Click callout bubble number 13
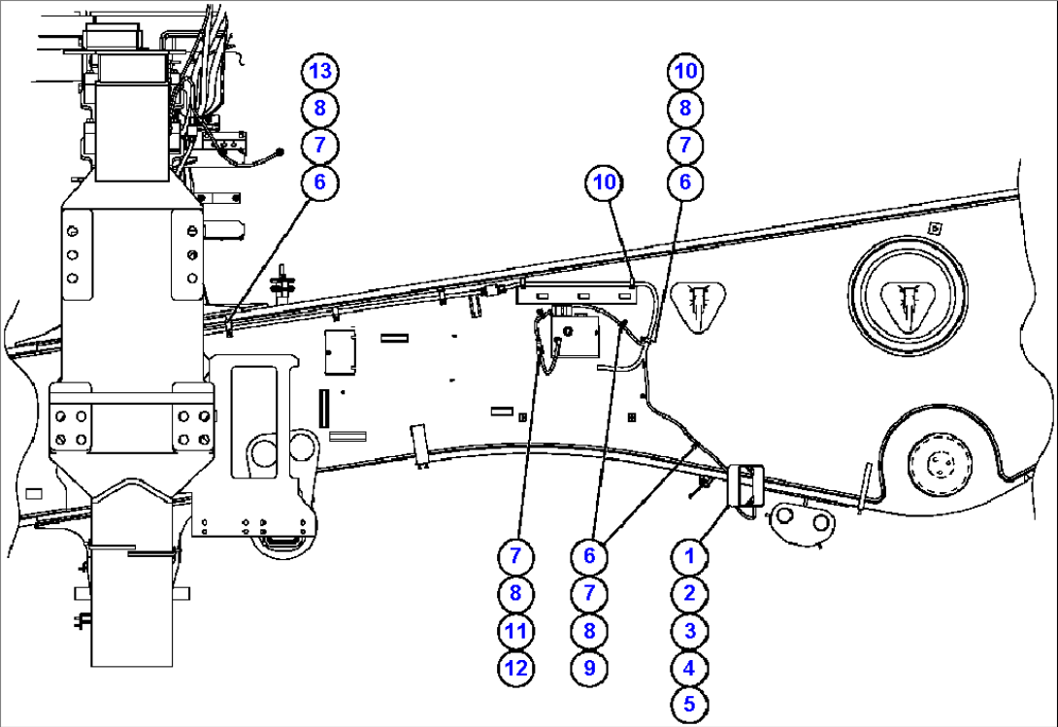click(x=320, y=71)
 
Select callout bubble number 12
click(x=515, y=668)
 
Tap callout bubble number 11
click(x=515, y=631)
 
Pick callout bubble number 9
click(x=590, y=668)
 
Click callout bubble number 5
click(x=689, y=705)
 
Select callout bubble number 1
click(x=689, y=556)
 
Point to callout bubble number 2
click(x=689, y=593)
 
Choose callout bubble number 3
click(x=689, y=631)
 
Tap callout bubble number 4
click(x=689, y=668)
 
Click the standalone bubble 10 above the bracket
click(x=605, y=182)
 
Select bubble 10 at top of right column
click(x=685, y=71)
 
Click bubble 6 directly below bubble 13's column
click(x=320, y=182)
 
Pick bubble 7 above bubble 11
click(x=515, y=556)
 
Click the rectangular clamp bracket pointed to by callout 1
click(x=745, y=488)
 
